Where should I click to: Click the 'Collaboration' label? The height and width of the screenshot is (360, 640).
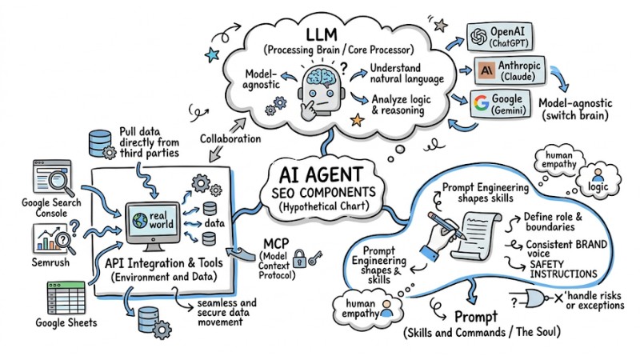[x=230, y=138]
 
